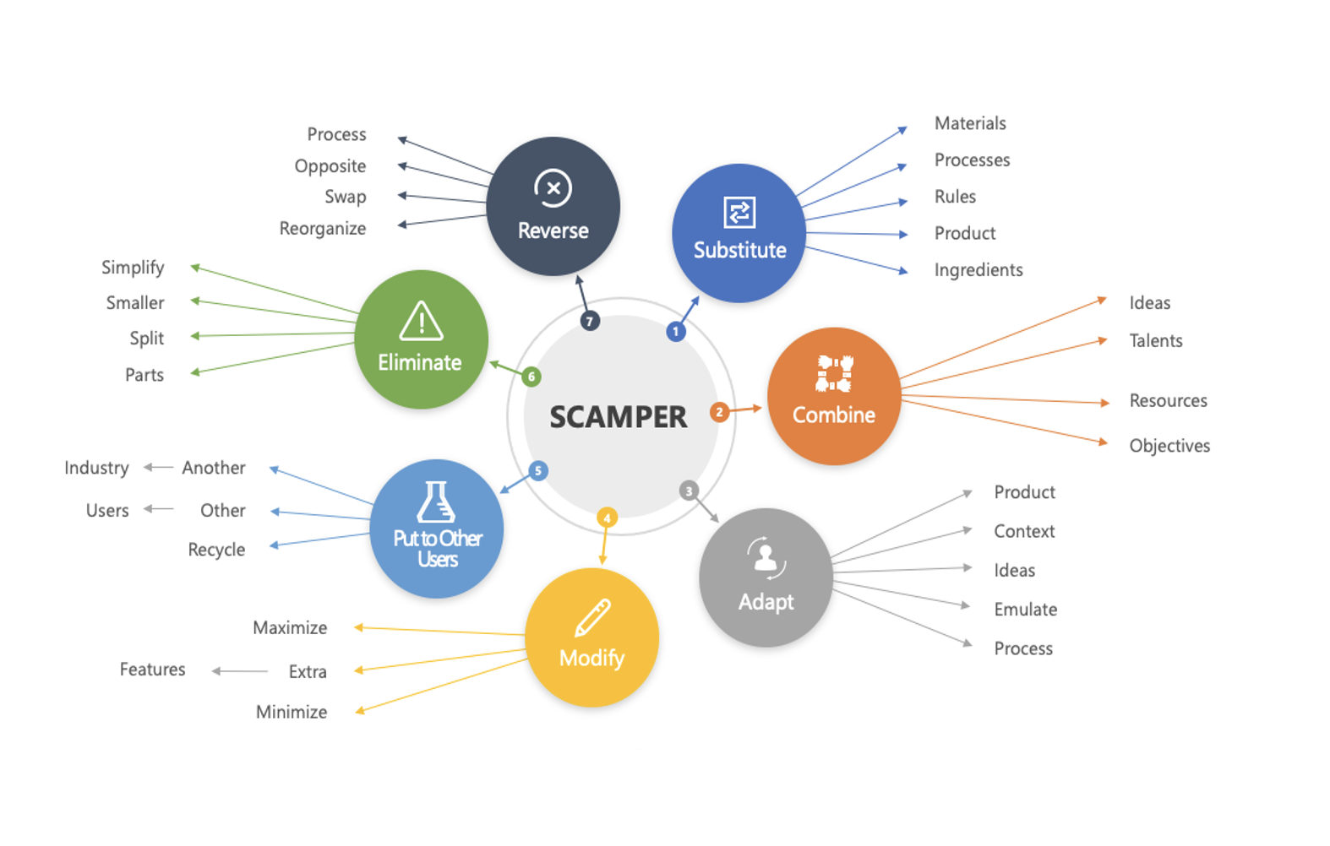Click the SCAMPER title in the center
click(x=618, y=416)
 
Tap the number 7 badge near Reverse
click(x=590, y=322)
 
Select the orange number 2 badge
click(x=720, y=412)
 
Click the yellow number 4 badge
click(x=607, y=518)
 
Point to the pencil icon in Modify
click(x=592, y=617)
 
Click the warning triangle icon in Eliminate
click(x=421, y=321)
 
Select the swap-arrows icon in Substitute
click(x=740, y=212)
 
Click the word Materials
click(x=970, y=123)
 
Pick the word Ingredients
click(x=978, y=270)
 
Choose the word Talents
click(x=1155, y=340)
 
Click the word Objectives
click(x=1169, y=446)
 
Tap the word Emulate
click(x=1026, y=610)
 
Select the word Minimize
click(x=292, y=712)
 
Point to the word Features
click(x=153, y=670)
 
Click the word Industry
click(x=96, y=468)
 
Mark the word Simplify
click(x=133, y=268)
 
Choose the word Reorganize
click(x=323, y=229)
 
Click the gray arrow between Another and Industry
click(x=159, y=468)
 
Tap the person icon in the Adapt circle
click(x=766, y=557)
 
